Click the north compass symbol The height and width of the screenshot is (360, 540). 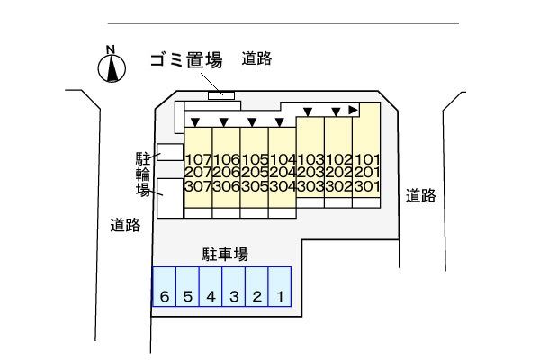point(111,68)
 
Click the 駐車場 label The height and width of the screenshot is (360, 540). point(225,254)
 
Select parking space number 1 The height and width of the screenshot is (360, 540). point(280,295)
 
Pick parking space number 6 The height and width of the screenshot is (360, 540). point(164,295)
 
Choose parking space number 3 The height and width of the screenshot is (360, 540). point(234,295)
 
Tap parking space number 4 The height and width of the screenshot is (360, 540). point(211,295)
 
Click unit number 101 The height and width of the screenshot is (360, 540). point(366,159)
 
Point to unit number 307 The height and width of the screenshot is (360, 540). point(197,186)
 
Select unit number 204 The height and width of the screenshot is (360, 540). point(282,173)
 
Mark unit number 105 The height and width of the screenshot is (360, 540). point(254,159)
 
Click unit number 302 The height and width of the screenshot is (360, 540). point(338,186)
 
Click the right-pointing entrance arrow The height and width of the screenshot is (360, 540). point(354,110)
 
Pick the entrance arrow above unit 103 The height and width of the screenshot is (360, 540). point(308,112)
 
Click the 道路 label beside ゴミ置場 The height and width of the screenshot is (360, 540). point(256,59)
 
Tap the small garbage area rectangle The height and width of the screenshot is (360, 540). point(220,94)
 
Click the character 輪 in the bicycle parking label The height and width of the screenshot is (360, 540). point(142,173)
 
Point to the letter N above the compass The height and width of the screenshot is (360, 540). point(110,49)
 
